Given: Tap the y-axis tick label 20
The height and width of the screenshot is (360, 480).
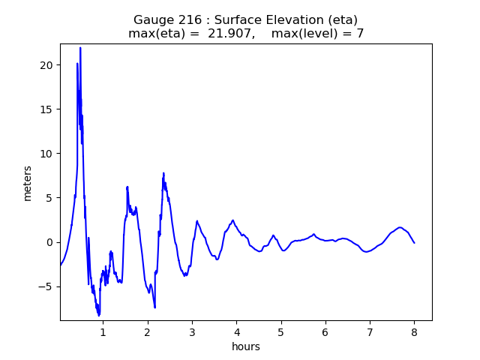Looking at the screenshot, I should (x=46, y=65).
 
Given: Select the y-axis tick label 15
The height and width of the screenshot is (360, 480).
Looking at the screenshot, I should (x=46, y=109).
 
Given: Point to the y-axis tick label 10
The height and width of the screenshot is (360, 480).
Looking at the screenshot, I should (x=46, y=154).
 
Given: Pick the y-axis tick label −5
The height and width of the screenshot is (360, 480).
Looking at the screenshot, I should (x=46, y=286).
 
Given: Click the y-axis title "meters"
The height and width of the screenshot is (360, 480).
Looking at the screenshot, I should (x=28, y=182).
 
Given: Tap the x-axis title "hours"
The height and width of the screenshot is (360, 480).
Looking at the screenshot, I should (x=246, y=346).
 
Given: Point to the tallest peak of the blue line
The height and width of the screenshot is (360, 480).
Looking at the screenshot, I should (x=80, y=48).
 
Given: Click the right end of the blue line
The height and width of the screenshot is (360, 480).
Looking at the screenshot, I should (x=414, y=242).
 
